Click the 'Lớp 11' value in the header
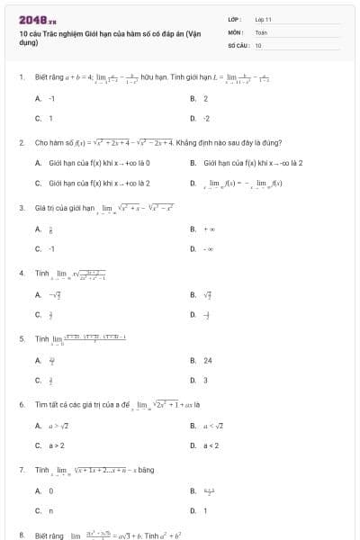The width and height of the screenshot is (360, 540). [264, 19]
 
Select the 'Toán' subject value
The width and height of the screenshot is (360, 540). [261, 31]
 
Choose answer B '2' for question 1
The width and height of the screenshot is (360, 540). [206, 98]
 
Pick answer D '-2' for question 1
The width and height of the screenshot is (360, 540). [207, 118]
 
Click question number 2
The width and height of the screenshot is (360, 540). [22, 142]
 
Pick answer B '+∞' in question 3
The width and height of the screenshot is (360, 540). [208, 229]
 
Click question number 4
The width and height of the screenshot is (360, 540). [22, 272]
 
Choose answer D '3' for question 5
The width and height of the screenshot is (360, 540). [206, 380]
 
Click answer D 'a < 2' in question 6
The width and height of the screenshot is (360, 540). [211, 445]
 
